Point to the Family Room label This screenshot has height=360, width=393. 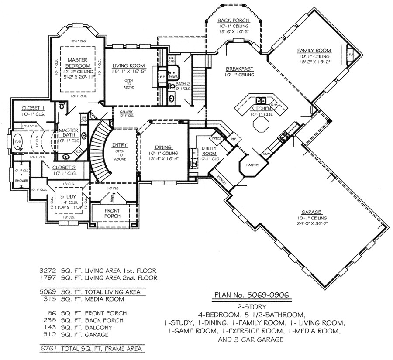coord(314,51)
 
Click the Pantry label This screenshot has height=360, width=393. coord(252,165)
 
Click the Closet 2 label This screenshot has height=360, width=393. coord(64,167)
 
